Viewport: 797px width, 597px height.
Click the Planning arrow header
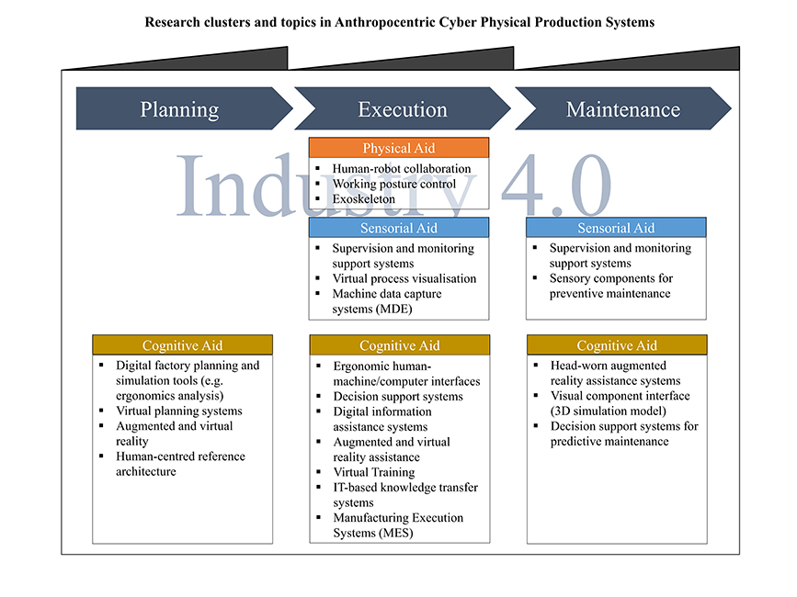(x=179, y=109)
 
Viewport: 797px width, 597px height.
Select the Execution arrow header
(x=402, y=109)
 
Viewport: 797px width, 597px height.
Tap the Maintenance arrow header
(x=622, y=109)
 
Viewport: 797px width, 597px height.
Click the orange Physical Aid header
(x=398, y=148)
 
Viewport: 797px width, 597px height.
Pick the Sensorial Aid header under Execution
(x=398, y=228)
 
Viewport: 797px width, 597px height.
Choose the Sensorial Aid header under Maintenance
(x=616, y=228)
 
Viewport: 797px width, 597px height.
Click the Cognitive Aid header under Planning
(x=182, y=345)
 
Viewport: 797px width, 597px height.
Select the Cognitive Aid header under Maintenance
(x=617, y=345)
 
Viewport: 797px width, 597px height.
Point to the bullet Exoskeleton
(x=364, y=198)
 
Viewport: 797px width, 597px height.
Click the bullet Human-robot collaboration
(x=402, y=169)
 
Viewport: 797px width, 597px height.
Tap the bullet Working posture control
(x=393, y=184)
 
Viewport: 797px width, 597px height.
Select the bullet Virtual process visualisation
(x=404, y=278)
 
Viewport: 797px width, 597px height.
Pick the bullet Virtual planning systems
(x=179, y=411)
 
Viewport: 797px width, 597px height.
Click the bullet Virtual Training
(x=374, y=472)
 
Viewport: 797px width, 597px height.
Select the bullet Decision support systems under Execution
(x=398, y=397)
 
